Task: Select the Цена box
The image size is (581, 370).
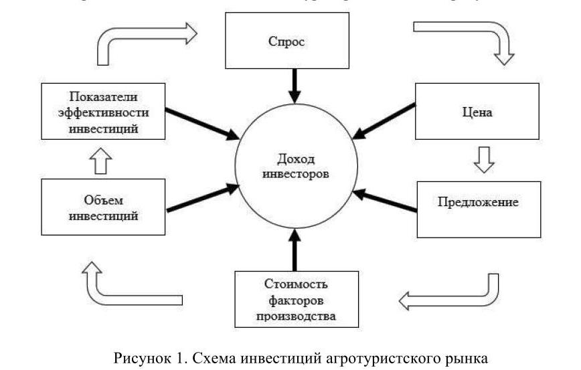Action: (477, 112)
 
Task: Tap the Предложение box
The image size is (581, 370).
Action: (477, 201)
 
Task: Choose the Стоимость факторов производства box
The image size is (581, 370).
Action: (295, 297)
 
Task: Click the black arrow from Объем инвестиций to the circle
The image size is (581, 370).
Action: (202, 197)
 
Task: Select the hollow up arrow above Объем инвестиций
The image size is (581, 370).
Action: (103, 159)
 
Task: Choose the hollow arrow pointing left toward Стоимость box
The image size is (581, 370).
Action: (448, 294)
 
